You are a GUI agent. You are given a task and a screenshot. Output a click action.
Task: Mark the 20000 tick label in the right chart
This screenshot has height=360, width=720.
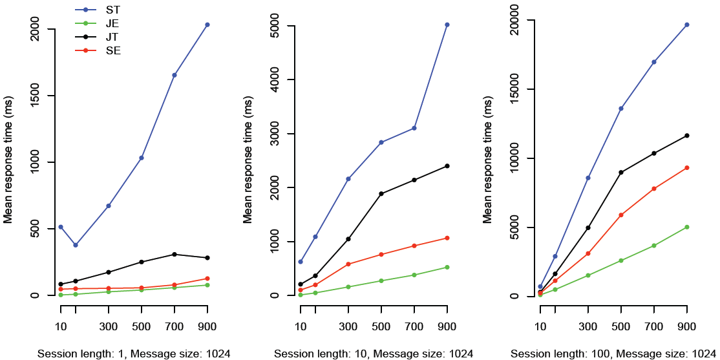(x=514, y=20)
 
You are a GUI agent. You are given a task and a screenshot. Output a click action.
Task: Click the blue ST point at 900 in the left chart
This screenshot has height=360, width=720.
(x=207, y=25)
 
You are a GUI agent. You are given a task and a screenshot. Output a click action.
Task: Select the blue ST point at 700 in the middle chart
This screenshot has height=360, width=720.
(x=414, y=128)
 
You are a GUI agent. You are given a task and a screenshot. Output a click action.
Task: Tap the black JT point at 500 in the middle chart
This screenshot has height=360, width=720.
(x=381, y=193)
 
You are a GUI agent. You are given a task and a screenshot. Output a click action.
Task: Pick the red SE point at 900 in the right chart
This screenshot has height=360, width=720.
(x=686, y=167)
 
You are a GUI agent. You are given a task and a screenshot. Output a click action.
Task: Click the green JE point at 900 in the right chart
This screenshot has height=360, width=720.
(x=686, y=227)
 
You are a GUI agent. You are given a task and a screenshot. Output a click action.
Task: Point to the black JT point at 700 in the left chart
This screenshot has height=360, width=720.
(x=174, y=254)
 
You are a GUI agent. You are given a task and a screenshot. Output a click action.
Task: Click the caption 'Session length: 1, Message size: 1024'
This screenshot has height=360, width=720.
(x=134, y=354)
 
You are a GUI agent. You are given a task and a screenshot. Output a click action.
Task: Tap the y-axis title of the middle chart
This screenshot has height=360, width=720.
(x=248, y=160)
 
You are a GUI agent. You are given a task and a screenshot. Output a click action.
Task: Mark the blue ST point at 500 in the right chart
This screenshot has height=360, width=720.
(x=621, y=108)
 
